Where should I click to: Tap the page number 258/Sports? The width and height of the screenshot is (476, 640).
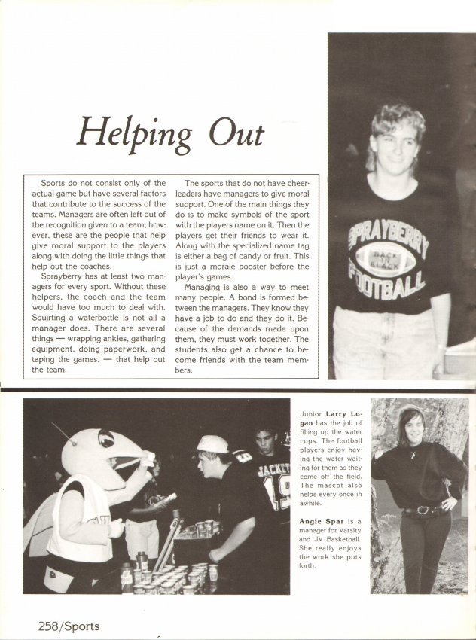(69, 626)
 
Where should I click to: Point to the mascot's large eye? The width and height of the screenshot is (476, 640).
(106, 438)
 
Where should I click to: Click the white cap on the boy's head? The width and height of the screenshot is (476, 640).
(212, 444)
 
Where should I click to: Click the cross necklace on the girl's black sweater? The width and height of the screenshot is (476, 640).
(413, 454)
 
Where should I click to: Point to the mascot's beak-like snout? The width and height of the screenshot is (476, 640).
(136, 461)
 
